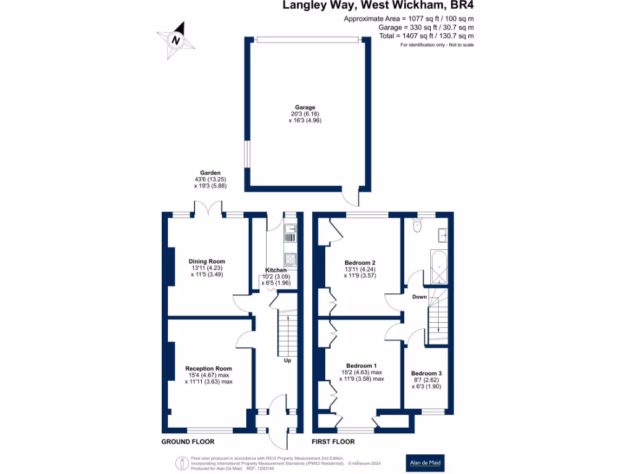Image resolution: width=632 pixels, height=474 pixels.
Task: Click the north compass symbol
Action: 177,40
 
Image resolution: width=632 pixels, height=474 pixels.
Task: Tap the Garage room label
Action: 305,107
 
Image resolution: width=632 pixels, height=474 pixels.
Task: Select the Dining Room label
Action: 207,261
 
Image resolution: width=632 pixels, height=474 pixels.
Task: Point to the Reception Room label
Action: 209,368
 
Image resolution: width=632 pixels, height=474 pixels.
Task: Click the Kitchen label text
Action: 276,270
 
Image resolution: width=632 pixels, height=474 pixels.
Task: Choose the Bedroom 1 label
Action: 361,365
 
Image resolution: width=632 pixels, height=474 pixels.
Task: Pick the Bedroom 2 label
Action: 360,263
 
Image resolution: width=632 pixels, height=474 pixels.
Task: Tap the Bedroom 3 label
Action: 426,373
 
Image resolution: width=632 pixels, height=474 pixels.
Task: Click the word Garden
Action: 210,173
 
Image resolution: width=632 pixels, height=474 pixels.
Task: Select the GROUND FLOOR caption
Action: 188,441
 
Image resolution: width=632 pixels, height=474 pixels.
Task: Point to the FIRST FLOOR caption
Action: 333,441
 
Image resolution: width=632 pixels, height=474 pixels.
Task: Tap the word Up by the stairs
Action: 287,360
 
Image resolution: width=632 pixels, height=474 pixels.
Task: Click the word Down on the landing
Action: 420,297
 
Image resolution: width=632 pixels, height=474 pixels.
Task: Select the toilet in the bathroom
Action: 417,227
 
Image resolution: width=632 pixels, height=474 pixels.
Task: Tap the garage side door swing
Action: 351,198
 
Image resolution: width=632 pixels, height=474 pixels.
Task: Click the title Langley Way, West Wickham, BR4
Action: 378,6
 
